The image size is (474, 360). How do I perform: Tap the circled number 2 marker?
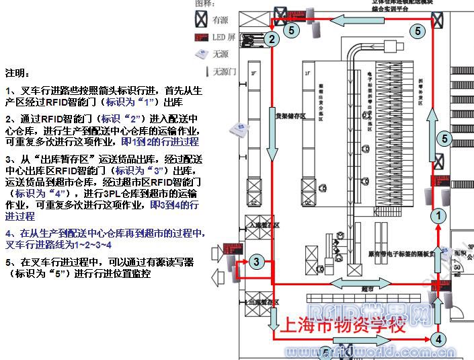point(271,40)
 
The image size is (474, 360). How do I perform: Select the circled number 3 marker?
point(255,261)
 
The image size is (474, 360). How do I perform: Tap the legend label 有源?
point(221,20)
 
